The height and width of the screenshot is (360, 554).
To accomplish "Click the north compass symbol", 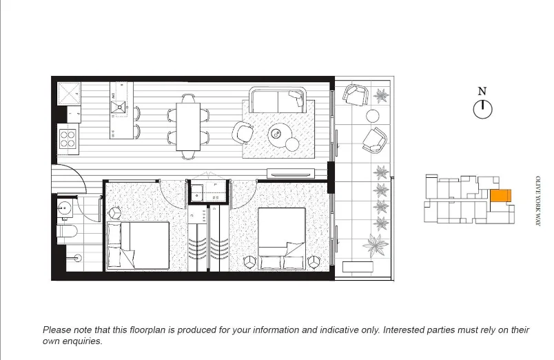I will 483,108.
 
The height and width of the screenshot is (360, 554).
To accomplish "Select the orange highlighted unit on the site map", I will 500,197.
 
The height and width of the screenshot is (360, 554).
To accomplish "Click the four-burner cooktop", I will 68,139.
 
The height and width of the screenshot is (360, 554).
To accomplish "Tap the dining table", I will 188,126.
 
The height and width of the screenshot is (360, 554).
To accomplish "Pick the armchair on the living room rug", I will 244,132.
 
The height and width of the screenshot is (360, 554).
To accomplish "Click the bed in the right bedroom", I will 281,238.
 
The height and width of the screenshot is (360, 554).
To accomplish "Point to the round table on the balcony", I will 373,115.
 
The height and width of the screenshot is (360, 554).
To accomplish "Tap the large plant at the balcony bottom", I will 376,245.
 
